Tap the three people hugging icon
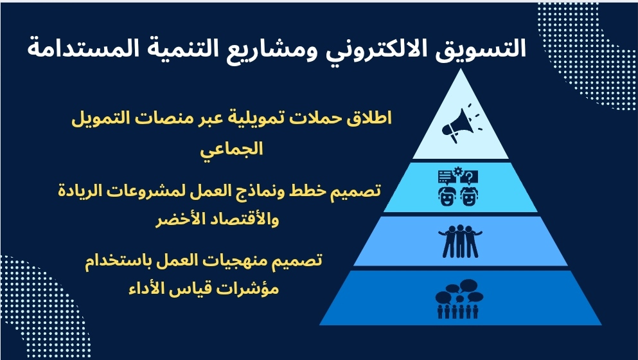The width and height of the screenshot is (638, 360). tap(460, 241)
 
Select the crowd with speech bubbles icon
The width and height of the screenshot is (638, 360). tap(459, 298)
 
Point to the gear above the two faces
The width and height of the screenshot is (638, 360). tap(459, 170)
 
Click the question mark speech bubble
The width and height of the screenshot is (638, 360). tap(469, 177)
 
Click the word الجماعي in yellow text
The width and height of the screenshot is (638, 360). tap(231, 149)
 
